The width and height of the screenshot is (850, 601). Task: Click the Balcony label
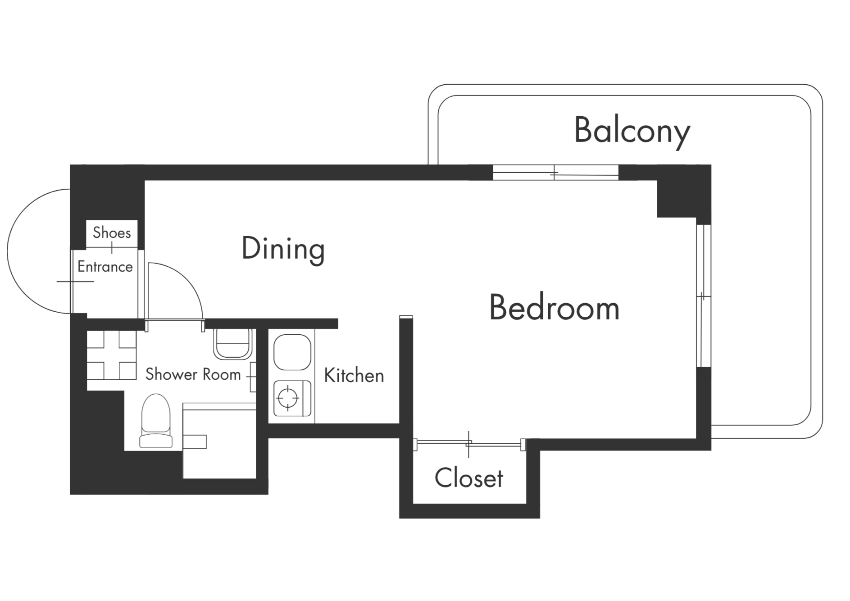click(x=632, y=131)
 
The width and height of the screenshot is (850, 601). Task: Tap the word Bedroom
click(x=555, y=308)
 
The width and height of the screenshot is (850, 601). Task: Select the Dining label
click(x=283, y=249)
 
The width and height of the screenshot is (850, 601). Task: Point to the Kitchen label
click(x=354, y=375)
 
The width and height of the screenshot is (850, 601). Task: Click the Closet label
click(x=469, y=478)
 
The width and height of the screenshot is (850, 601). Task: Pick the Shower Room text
click(x=193, y=374)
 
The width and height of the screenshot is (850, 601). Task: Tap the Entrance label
click(x=105, y=267)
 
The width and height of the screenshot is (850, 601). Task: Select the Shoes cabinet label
click(x=112, y=232)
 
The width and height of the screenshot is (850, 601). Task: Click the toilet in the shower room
click(x=156, y=421)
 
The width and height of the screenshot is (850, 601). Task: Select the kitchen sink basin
click(x=292, y=352)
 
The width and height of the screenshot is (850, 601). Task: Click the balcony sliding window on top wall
click(x=555, y=173)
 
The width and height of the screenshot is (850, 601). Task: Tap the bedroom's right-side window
click(x=704, y=296)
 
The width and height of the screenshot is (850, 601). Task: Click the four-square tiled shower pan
click(x=112, y=355)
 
